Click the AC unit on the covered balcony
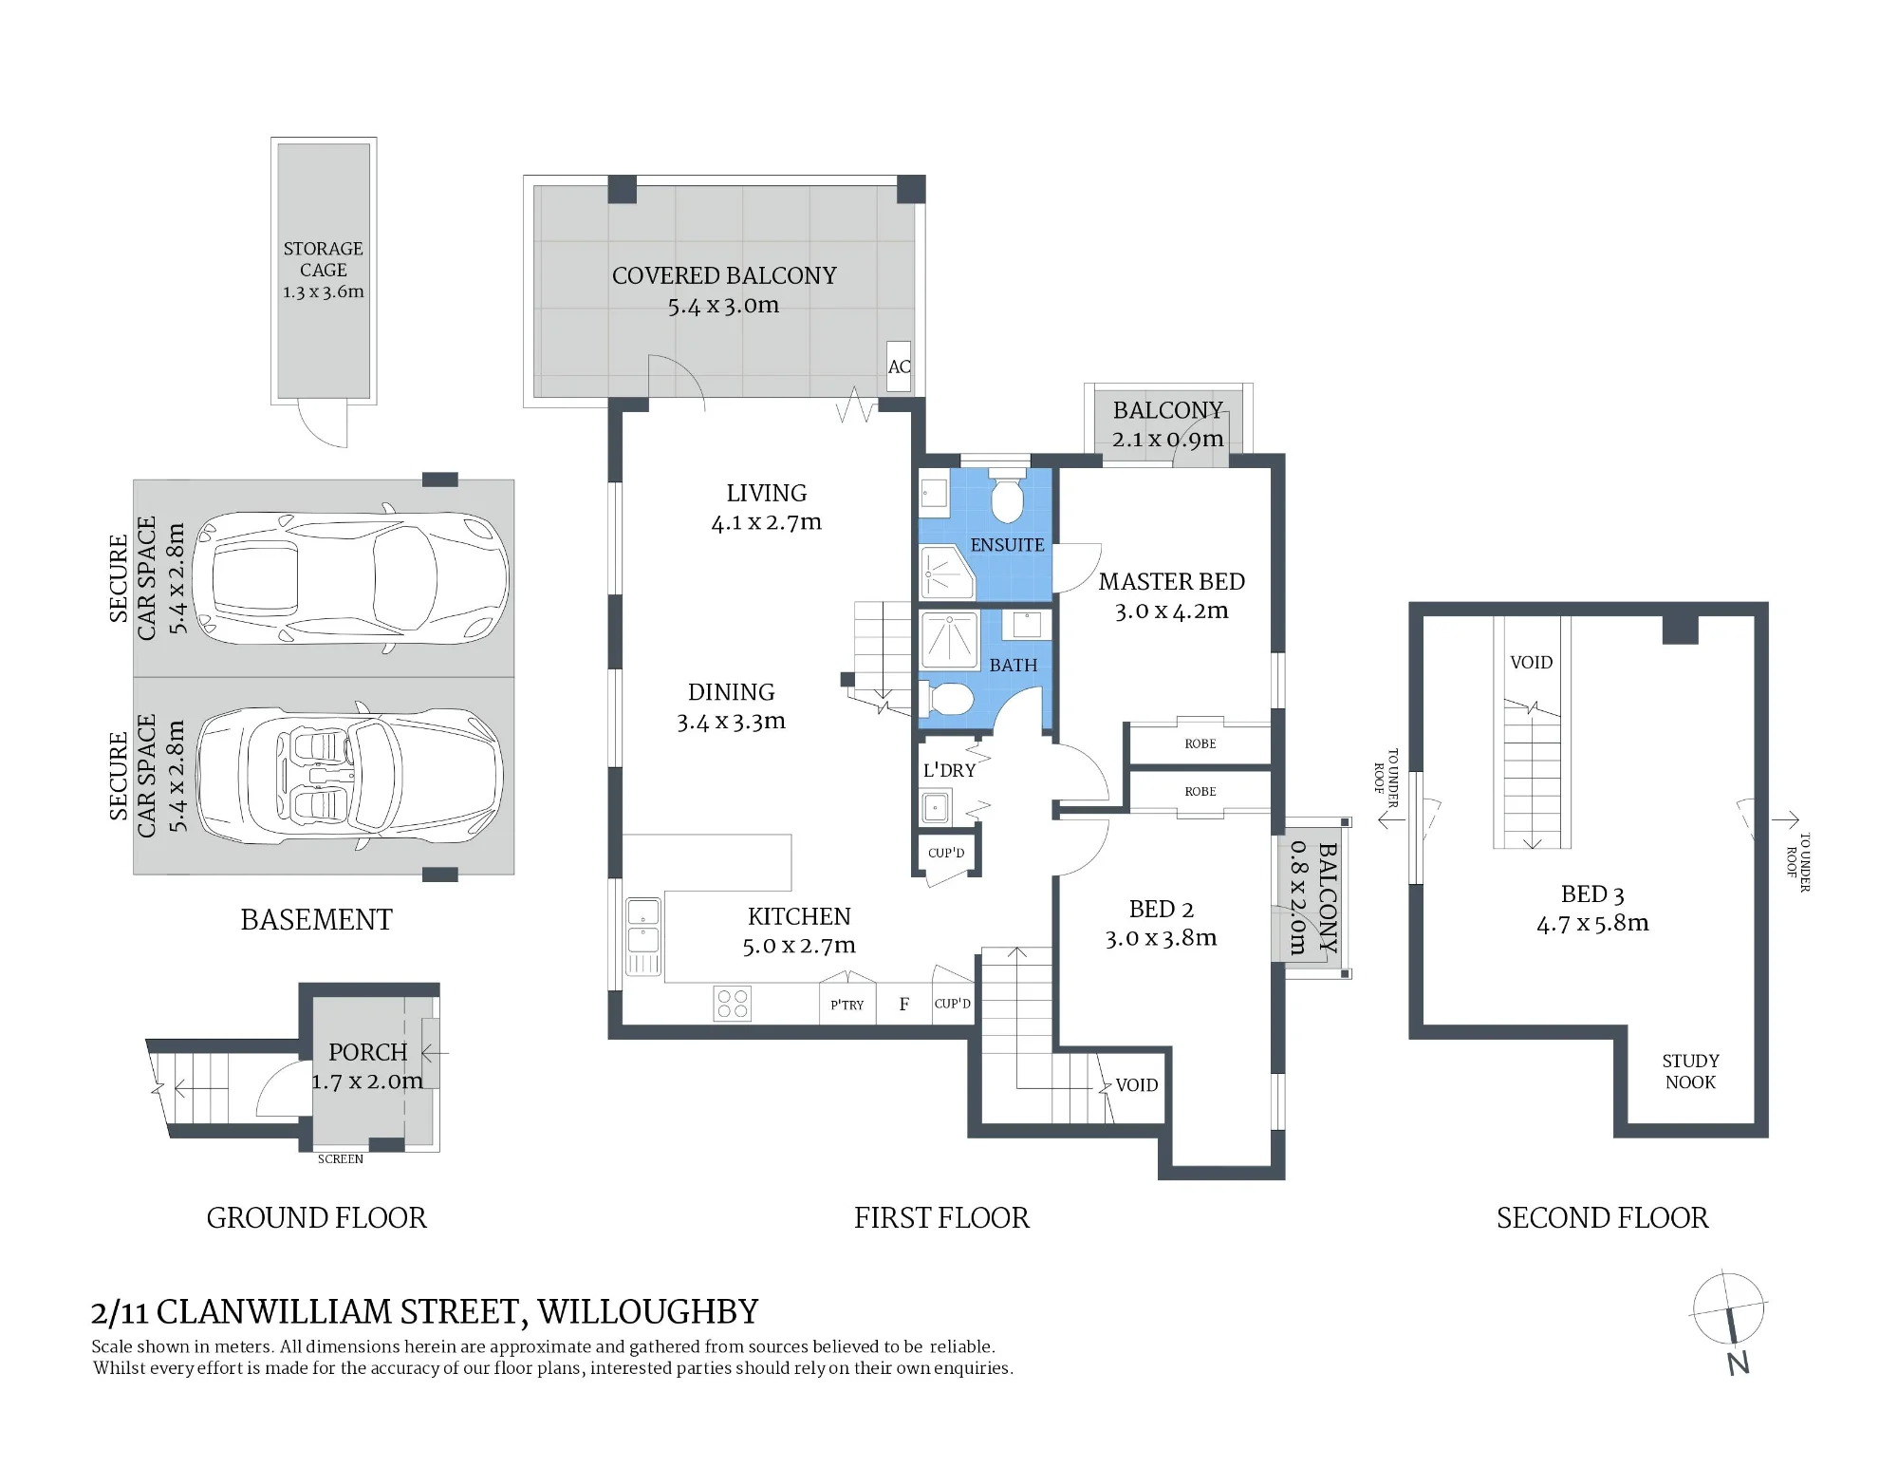pyautogui.click(x=899, y=367)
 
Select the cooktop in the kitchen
pyautogui.click(x=732, y=1004)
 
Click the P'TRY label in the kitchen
pyautogui.click(x=847, y=1005)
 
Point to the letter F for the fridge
pyautogui.click(x=904, y=1004)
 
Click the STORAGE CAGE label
pyautogui.click(x=324, y=259)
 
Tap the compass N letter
pyautogui.click(x=1738, y=1364)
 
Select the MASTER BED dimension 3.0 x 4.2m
pyautogui.click(x=1171, y=611)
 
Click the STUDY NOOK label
pyautogui.click(x=1690, y=1071)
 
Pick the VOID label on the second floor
pyautogui.click(x=1532, y=662)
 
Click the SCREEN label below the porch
pyautogui.click(x=341, y=1158)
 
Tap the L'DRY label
pyautogui.click(x=949, y=770)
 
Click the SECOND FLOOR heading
pyautogui.click(x=1602, y=1217)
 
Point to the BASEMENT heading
pyautogui.click(x=316, y=919)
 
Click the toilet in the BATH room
pyautogui.click(x=947, y=701)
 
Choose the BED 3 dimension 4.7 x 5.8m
pyautogui.click(x=1592, y=923)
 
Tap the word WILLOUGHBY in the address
pyautogui.click(x=648, y=1311)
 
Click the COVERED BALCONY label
pyautogui.click(x=724, y=275)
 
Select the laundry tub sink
pyautogui.click(x=936, y=808)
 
